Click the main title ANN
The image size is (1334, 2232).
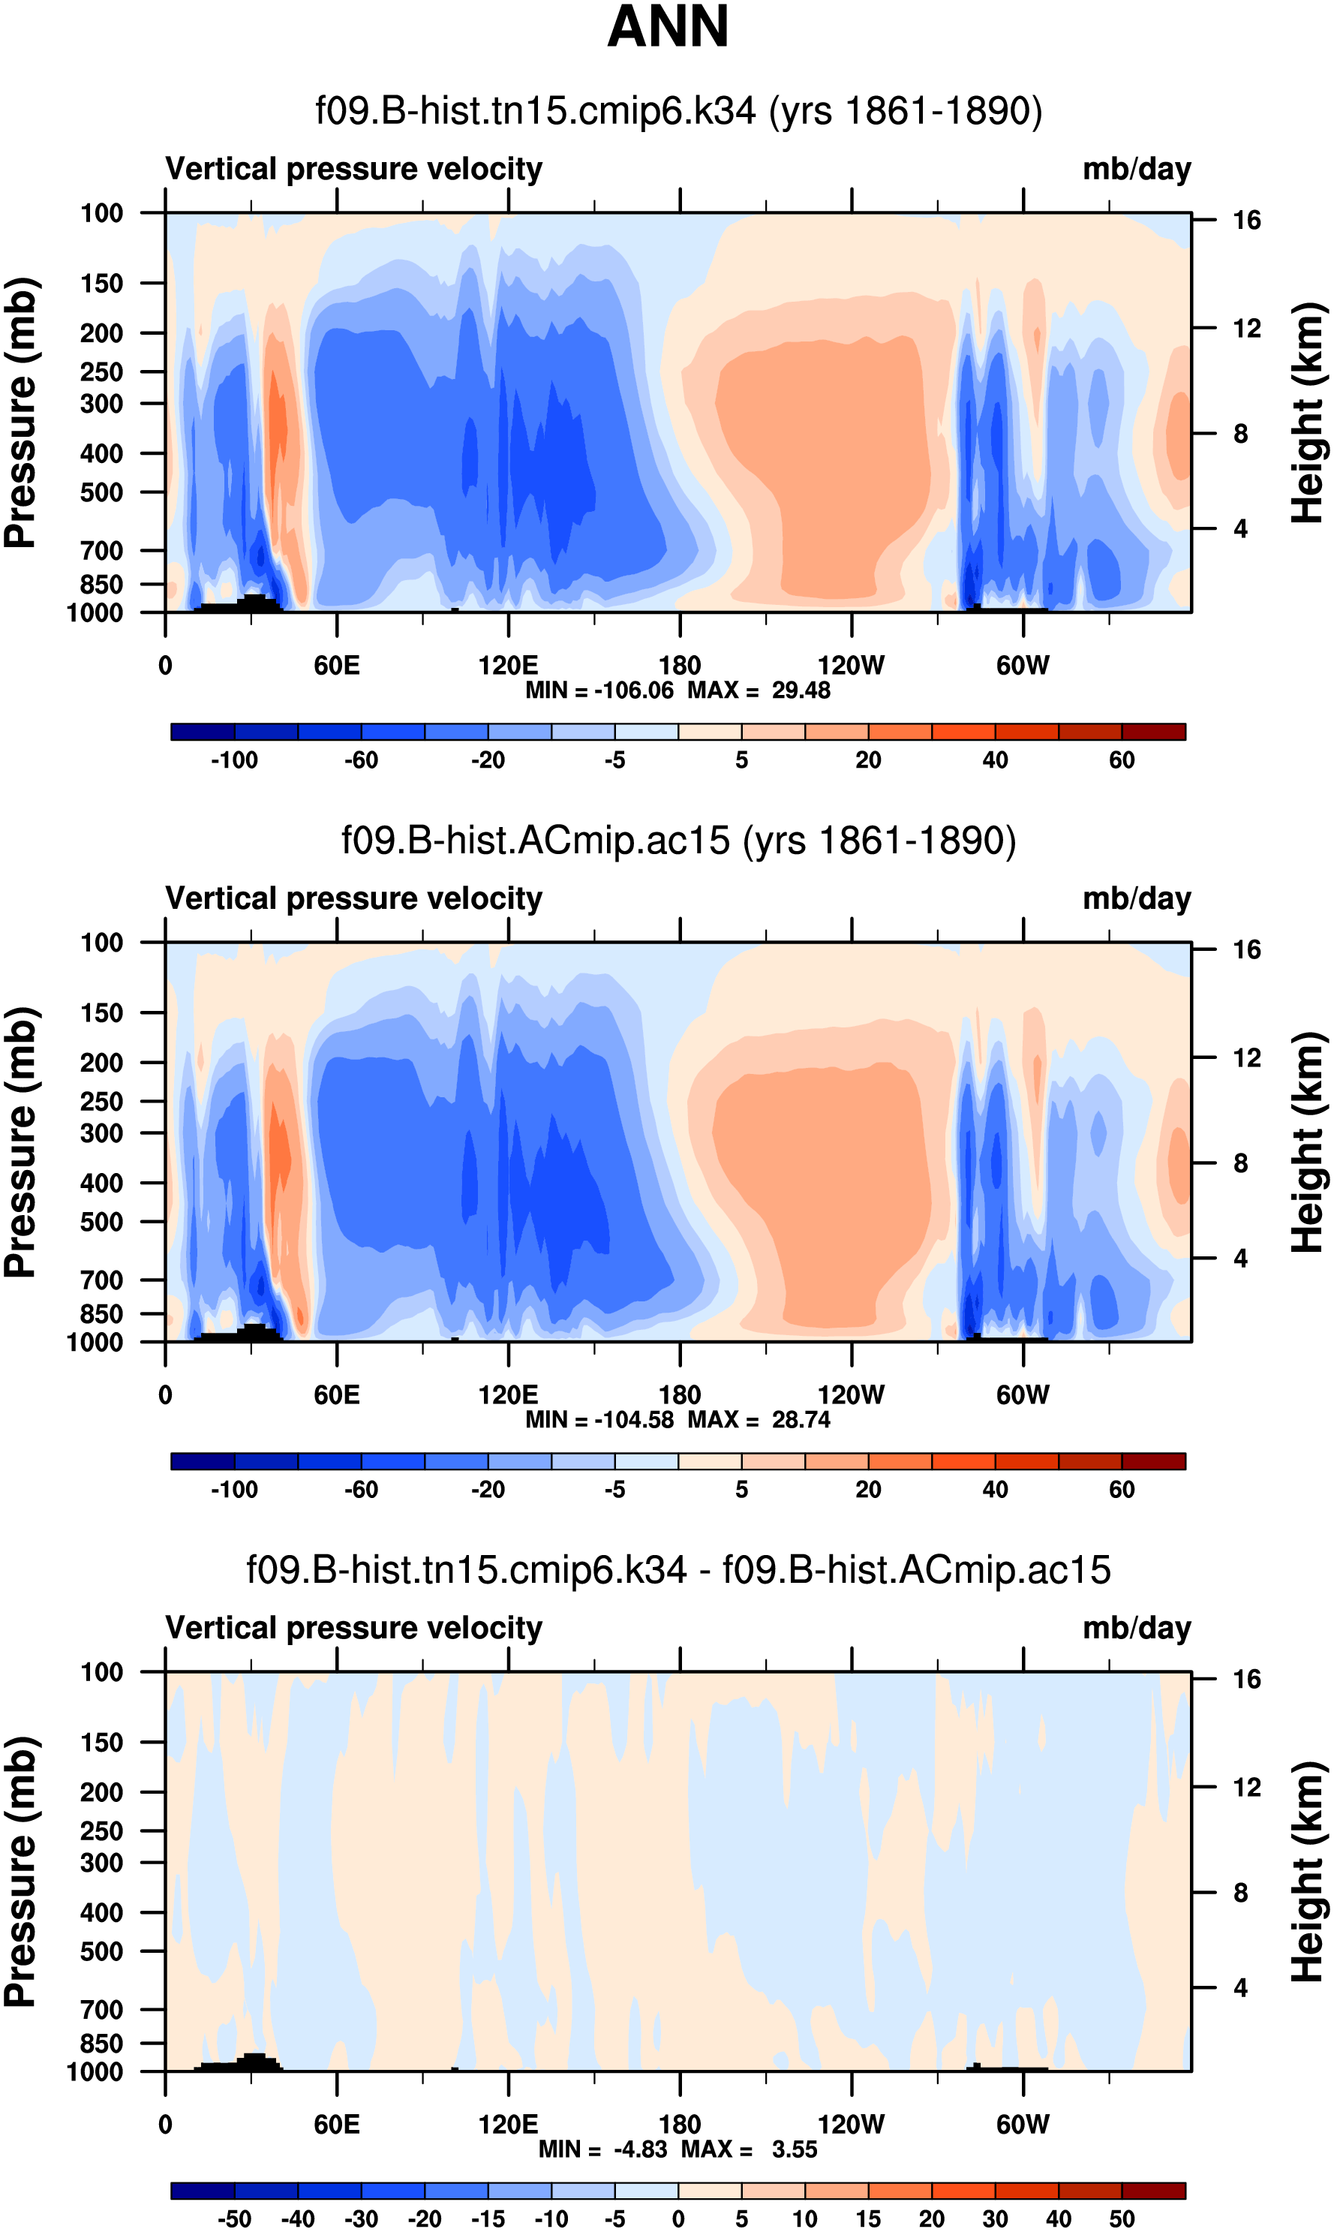pyautogui.click(x=667, y=27)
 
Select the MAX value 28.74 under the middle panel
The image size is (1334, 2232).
pyautogui.click(x=801, y=1419)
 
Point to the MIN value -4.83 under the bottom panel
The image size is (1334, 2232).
pyautogui.click(x=640, y=2149)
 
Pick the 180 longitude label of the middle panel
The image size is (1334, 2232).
pyautogui.click(x=680, y=1395)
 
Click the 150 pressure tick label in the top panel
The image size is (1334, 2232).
pyautogui.click(x=101, y=284)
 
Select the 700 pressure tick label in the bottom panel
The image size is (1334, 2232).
pyautogui.click(x=101, y=2009)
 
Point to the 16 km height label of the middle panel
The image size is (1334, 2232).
pyautogui.click(x=1246, y=950)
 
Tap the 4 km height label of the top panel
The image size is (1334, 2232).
pyautogui.click(x=1240, y=528)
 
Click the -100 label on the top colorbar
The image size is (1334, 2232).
pyautogui.click(x=234, y=760)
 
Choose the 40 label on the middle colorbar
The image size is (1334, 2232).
pyautogui.click(x=994, y=1490)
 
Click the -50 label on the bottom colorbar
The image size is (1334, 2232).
pyautogui.click(x=234, y=2218)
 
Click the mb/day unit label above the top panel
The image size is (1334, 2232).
pyautogui.click(x=1136, y=169)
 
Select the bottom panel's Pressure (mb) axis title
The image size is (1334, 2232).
pyautogui.click(x=20, y=1871)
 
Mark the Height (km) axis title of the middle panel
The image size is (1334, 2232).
pyautogui.click(x=1308, y=1142)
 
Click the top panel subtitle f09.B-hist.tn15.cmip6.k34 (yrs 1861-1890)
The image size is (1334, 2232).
pyautogui.click(x=679, y=110)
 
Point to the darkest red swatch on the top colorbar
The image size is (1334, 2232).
pyautogui.click(x=1153, y=732)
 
